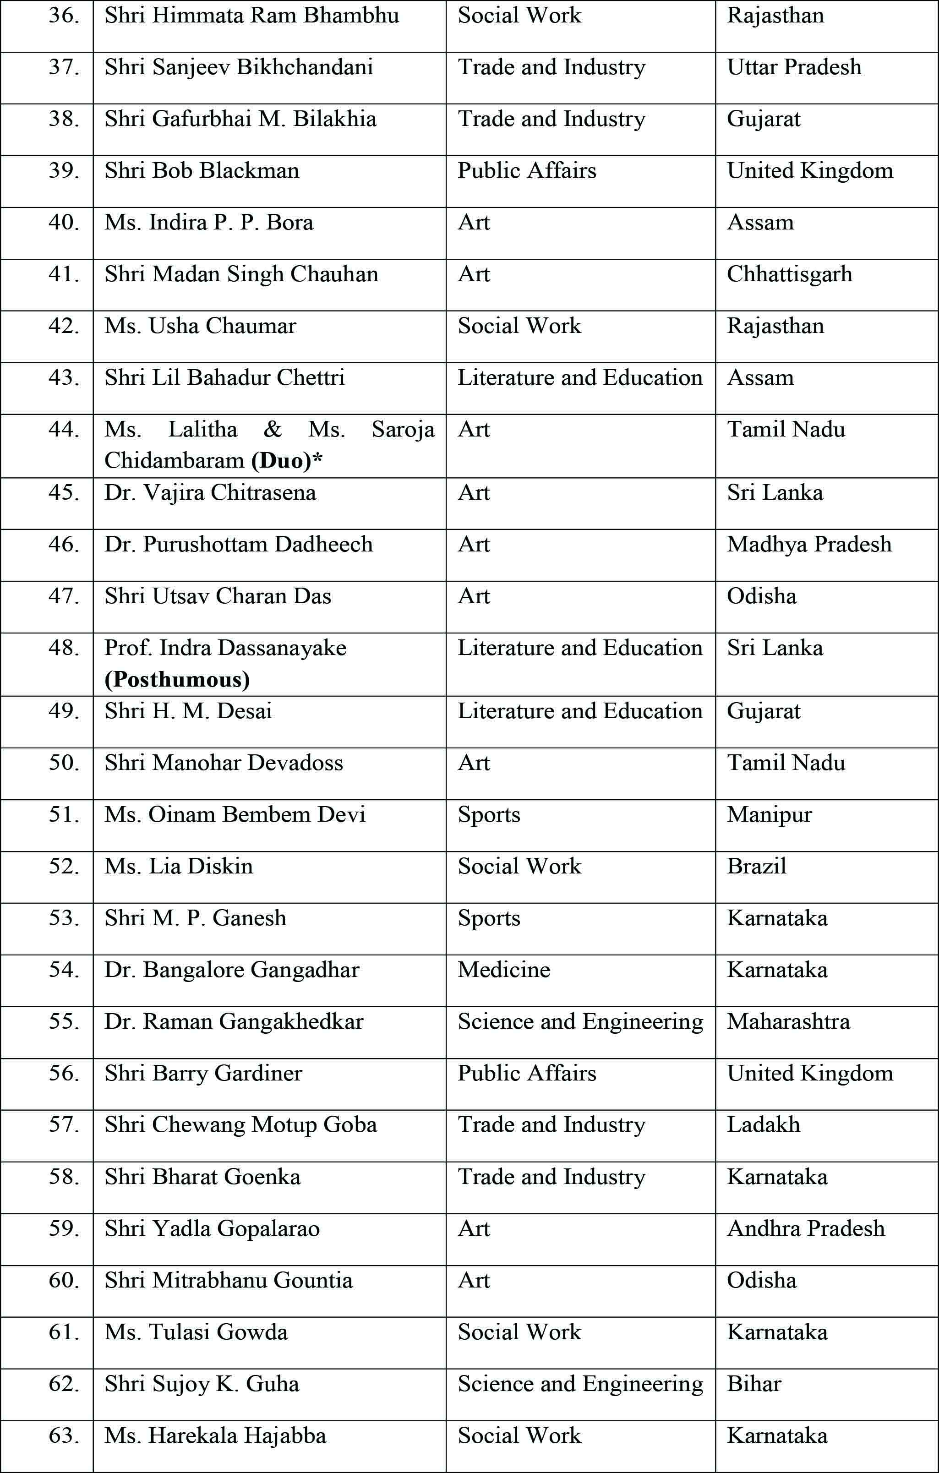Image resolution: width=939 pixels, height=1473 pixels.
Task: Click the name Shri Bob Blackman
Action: point(202,171)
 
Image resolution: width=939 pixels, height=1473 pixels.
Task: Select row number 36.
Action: point(64,15)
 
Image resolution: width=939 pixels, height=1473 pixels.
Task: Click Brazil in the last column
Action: point(757,866)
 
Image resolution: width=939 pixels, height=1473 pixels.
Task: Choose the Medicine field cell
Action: point(504,970)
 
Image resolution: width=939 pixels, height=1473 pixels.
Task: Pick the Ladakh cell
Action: point(764,1125)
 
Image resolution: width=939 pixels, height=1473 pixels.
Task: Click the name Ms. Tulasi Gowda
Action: point(196,1332)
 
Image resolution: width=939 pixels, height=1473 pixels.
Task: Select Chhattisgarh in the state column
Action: point(789,274)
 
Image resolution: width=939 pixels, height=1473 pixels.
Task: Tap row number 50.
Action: point(64,763)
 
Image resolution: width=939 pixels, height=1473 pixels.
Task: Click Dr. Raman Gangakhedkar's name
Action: point(234,1021)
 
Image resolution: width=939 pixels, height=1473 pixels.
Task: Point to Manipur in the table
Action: point(769,815)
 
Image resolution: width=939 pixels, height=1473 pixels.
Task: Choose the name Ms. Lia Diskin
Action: point(179,866)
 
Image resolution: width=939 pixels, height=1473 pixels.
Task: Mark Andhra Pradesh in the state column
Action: point(806,1228)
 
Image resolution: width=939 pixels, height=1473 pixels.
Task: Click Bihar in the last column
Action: point(754,1384)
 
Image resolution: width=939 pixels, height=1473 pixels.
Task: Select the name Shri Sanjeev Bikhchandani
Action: point(239,67)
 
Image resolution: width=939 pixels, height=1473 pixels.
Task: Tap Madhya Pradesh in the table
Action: point(809,545)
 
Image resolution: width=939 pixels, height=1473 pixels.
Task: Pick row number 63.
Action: point(64,1436)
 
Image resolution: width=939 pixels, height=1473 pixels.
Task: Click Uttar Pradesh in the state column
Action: point(794,67)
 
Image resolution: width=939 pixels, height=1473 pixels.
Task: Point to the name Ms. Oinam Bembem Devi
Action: point(235,815)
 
